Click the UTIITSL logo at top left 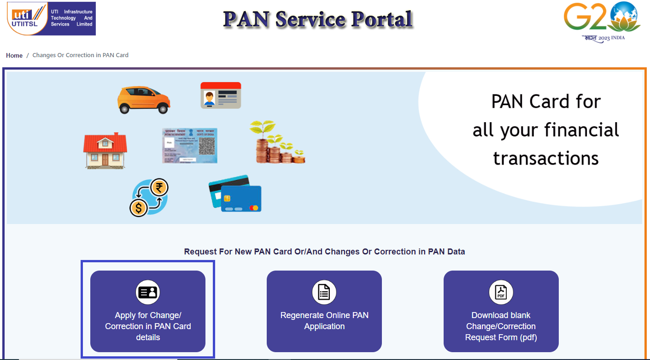(51, 18)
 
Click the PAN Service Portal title (318, 19)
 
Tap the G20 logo (602, 21)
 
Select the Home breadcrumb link (14, 55)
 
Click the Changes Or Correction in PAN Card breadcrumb (80, 55)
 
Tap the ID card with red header (221, 95)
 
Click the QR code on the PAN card (206, 146)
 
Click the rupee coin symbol (159, 188)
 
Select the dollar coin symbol (138, 208)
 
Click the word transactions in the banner (545, 158)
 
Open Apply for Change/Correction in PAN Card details (148, 311)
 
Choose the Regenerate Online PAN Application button (324, 311)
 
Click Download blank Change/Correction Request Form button (501, 311)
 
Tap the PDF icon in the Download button (501, 292)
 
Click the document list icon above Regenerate (324, 292)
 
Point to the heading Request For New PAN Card (324, 252)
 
